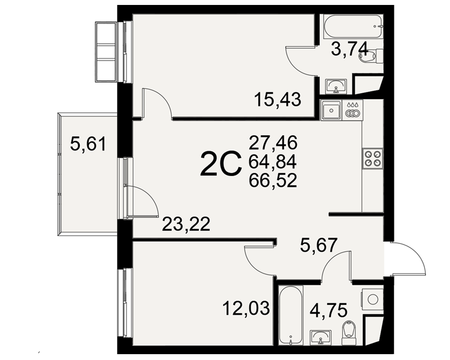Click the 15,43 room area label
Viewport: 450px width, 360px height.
coord(278,99)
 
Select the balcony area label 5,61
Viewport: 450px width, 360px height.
coord(88,144)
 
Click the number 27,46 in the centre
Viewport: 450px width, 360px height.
coord(273,143)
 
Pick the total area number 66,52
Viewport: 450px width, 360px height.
coord(273,180)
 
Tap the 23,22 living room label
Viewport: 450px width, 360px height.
coord(186,224)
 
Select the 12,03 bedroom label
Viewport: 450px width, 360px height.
coord(246,308)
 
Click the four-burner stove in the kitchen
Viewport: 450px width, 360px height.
coord(373,158)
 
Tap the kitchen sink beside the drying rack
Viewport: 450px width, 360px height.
coord(332,110)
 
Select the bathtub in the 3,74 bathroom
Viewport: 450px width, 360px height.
coord(353,27)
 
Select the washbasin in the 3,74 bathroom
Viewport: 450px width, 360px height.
coord(336,86)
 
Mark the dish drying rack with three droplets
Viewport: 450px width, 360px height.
coord(353,110)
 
